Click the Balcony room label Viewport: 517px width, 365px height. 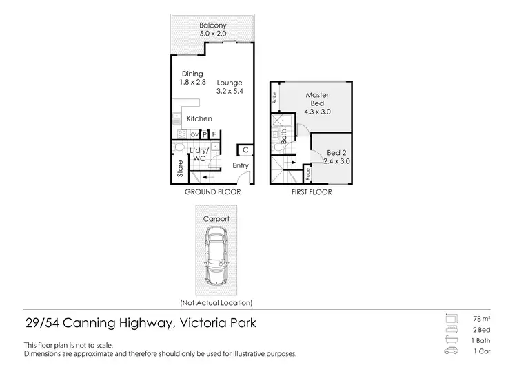(212, 30)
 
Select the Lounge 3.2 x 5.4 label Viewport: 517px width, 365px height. (230, 87)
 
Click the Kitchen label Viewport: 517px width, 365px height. (199, 119)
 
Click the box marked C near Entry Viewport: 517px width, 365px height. (245, 150)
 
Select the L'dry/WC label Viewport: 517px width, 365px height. (199, 154)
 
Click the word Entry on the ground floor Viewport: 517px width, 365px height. (241, 165)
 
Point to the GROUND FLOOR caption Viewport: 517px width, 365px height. (212, 192)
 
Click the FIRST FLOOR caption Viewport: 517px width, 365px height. (311, 192)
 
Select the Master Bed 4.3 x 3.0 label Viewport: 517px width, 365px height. (317, 103)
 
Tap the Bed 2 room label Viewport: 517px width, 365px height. (336, 157)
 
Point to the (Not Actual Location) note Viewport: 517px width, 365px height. (216, 303)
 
